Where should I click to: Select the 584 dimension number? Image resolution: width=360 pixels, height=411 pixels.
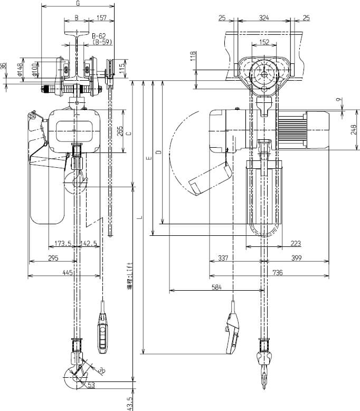pos(216,287)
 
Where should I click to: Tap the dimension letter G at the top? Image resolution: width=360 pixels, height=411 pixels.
pos(78,4)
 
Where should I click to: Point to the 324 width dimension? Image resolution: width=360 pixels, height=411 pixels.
pos(263,18)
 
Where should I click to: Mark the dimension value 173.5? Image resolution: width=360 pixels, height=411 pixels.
pos(62,244)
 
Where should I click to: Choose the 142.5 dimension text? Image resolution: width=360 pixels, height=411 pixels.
pos(89,244)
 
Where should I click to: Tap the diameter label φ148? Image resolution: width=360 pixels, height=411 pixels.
pos(20,69)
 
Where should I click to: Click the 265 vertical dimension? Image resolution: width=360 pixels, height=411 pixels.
pos(120,130)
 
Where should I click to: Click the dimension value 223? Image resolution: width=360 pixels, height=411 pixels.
pos(296,243)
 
